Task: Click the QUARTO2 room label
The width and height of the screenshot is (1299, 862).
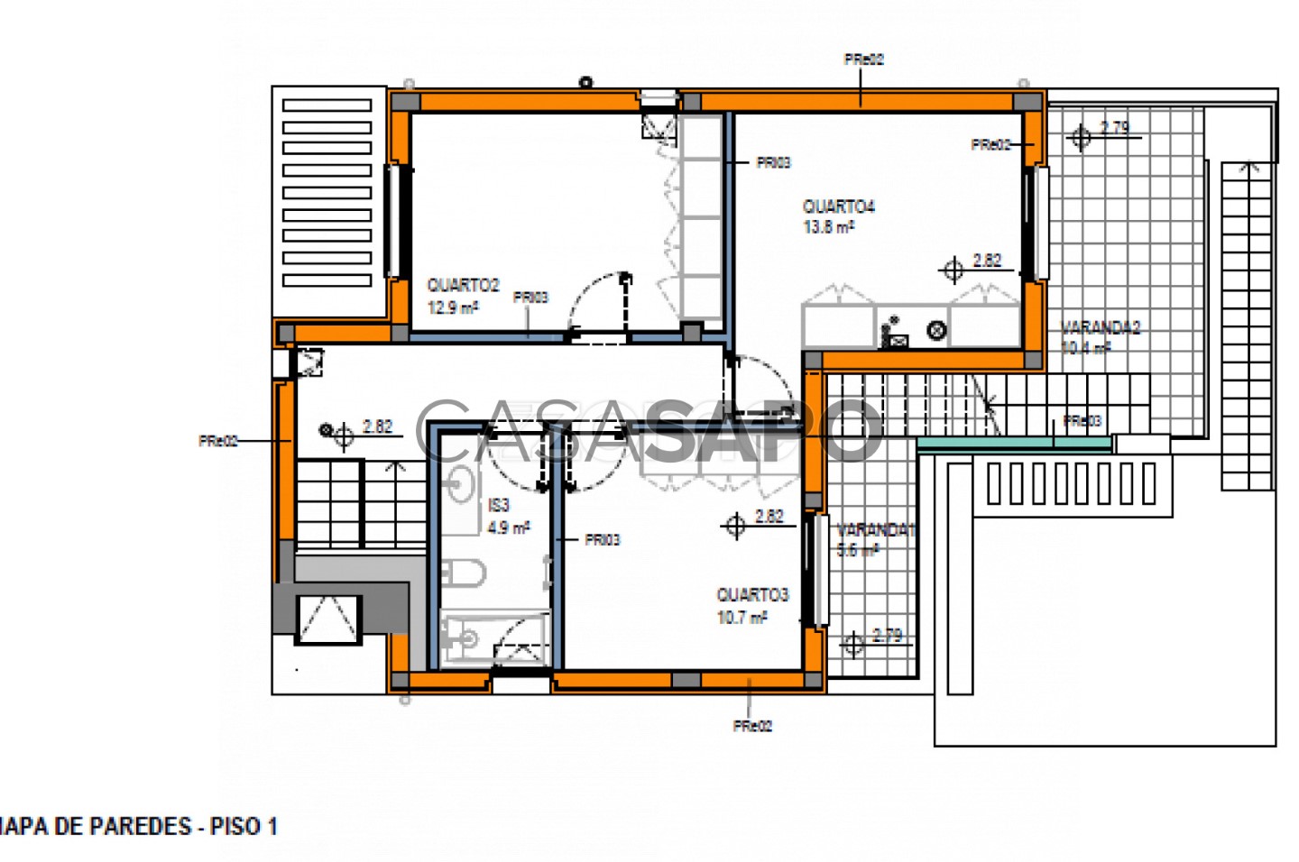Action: pyautogui.click(x=463, y=285)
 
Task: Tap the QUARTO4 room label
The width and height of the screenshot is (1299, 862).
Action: pyautogui.click(x=839, y=206)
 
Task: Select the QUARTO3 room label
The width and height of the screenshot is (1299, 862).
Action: pyautogui.click(x=752, y=595)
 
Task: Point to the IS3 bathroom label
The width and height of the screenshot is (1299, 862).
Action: pyautogui.click(x=499, y=506)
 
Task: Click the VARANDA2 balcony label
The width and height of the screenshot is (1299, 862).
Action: pyautogui.click(x=1101, y=327)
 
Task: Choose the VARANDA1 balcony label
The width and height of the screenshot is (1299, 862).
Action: pyautogui.click(x=875, y=530)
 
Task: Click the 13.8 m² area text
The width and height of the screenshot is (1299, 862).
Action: pyautogui.click(x=828, y=227)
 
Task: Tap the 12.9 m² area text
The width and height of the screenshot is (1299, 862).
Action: pyautogui.click(x=452, y=307)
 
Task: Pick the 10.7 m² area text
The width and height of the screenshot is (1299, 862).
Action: pyautogui.click(x=742, y=618)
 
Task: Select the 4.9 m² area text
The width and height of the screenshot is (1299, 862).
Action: pyautogui.click(x=509, y=527)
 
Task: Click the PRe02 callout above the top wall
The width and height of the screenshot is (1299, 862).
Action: pyautogui.click(x=863, y=60)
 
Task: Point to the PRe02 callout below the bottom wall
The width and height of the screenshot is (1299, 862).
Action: pyautogui.click(x=752, y=726)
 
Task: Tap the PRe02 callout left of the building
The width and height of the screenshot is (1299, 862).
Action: pyautogui.click(x=218, y=441)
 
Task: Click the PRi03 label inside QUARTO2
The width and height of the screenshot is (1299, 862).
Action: pyautogui.click(x=530, y=298)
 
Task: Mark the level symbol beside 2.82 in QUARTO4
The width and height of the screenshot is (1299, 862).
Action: pyautogui.click(x=953, y=270)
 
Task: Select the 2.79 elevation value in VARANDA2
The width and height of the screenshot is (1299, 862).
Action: pyautogui.click(x=1115, y=127)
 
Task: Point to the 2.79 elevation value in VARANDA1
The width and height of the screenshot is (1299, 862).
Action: pyautogui.click(x=888, y=635)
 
